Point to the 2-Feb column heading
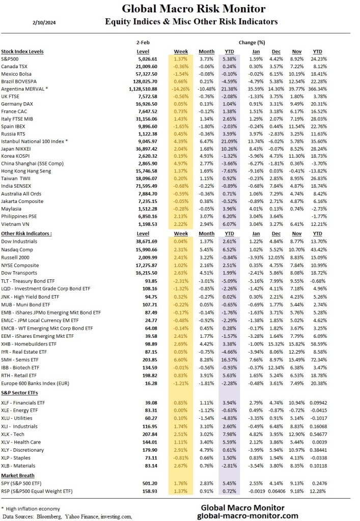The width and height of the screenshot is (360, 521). point(143,43)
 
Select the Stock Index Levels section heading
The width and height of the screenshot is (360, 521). point(22,51)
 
